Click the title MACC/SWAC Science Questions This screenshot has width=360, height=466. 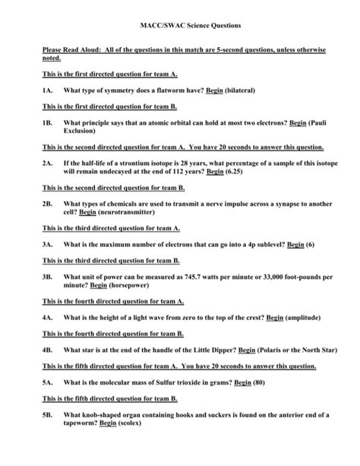(x=180, y=26)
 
